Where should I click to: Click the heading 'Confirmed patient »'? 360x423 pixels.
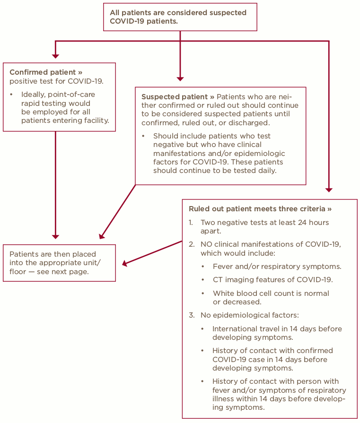click(x=46, y=72)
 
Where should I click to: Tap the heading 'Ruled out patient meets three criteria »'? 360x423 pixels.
click(x=260, y=208)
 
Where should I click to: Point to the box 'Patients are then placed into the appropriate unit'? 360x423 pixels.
click(x=59, y=263)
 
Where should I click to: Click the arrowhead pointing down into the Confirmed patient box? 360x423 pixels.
click(x=55, y=56)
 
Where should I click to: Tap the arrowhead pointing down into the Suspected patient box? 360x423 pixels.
click(x=180, y=78)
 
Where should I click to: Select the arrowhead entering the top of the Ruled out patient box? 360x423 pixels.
click(x=329, y=190)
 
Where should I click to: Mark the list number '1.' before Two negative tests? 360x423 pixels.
click(x=191, y=222)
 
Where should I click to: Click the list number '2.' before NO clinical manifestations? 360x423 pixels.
click(x=192, y=244)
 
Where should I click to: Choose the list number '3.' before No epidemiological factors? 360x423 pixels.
click(x=192, y=315)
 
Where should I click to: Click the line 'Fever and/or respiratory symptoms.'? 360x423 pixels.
click(x=277, y=266)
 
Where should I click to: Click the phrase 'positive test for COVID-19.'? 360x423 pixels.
click(x=56, y=81)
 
